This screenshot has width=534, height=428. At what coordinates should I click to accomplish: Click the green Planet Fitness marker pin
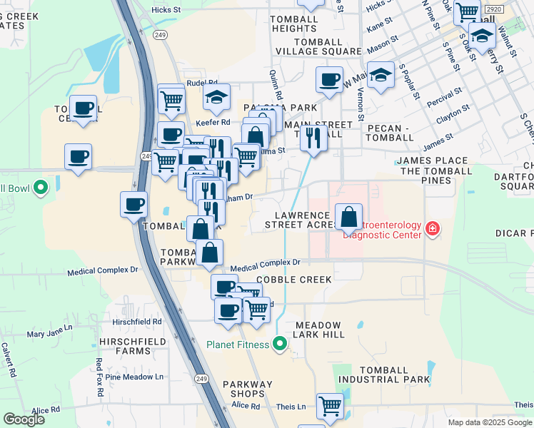click(280, 345)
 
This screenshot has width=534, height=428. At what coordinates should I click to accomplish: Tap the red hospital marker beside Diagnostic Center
click(432, 229)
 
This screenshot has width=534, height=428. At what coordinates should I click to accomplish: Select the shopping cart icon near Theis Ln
click(330, 406)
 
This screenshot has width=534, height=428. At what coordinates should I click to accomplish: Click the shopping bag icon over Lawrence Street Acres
click(348, 217)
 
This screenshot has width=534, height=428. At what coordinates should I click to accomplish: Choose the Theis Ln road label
click(291, 407)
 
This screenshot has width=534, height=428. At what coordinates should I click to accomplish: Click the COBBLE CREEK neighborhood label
click(293, 280)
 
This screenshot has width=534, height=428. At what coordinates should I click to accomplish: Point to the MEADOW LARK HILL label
click(318, 330)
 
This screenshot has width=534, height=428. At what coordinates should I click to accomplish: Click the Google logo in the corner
click(24, 420)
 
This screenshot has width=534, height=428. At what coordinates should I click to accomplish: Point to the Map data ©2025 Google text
click(489, 422)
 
